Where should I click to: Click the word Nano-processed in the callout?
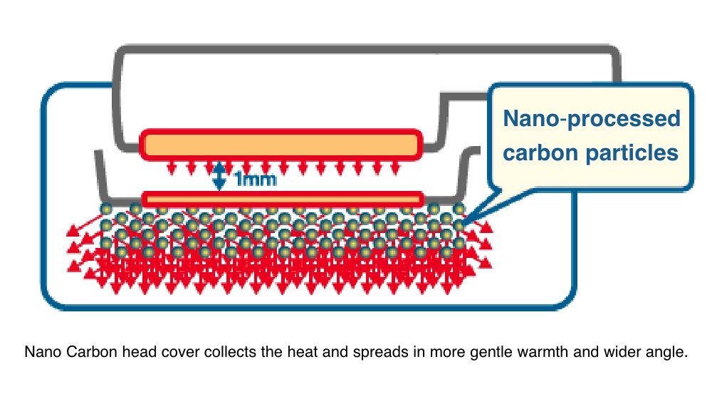[592, 118]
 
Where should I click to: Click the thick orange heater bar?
[281, 144]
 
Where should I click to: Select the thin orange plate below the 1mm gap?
[281, 197]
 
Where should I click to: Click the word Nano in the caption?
[40, 353]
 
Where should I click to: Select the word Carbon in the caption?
[79, 353]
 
